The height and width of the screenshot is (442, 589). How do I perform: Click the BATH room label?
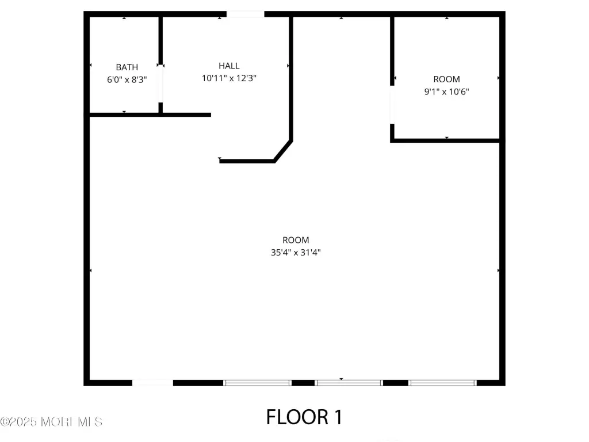(127, 67)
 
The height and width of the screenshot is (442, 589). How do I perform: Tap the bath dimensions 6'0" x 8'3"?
(127, 79)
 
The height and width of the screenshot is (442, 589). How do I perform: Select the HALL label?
(229, 66)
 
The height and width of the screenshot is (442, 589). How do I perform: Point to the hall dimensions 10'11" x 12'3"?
(229, 78)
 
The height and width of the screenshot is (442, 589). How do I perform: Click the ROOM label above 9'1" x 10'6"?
(446, 79)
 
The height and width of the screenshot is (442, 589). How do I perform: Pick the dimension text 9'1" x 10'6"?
(446, 92)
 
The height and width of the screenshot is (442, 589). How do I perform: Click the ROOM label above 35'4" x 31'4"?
(296, 240)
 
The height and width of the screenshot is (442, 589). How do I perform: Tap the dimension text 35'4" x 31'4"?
(296, 253)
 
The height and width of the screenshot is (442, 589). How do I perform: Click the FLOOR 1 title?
(304, 417)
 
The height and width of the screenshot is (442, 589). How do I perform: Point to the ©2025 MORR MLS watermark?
(51, 422)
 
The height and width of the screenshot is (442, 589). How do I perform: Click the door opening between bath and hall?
(160, 83)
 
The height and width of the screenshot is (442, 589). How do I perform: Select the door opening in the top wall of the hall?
(245, 14)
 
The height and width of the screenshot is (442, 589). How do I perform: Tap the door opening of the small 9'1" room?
(392, 105)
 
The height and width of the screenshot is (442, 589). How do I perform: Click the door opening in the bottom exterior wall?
(152, 383)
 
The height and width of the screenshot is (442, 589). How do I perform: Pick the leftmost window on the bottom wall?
(257, 383)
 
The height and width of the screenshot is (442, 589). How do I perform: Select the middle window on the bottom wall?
(349, 383)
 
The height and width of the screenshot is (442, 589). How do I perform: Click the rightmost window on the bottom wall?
(442, 383)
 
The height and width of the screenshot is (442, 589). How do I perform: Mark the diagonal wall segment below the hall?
(283, 151)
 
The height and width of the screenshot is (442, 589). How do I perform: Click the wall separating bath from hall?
(160, 41)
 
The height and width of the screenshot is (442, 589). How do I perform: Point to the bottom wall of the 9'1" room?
(445, 140)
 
